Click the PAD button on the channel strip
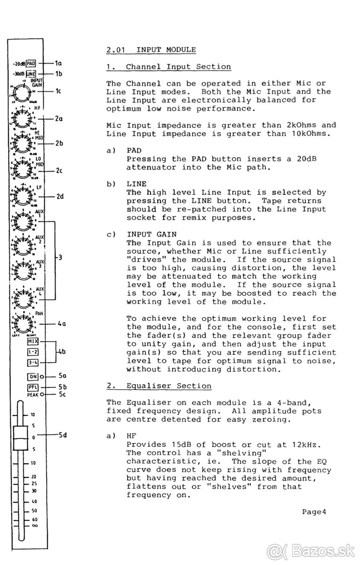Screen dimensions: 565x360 click(x=31, y=63)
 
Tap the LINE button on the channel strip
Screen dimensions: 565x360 click(x=31, y=74)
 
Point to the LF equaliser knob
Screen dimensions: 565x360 click(x=21, y=195)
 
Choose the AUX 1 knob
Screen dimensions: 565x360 click(x=21, y=221)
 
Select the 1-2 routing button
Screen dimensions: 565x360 click(x=33, y=352)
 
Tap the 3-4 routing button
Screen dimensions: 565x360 click(x=33, y=362)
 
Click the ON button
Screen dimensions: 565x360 click(x=33, y=376)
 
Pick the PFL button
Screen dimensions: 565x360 click(x=33, y=387)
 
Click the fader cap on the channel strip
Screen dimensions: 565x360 click(x=20, y=438)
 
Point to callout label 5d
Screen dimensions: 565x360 click(x=63, y=435)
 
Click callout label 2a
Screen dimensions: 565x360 click(x=59, y=119)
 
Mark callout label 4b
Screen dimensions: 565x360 click(x=61, y=352)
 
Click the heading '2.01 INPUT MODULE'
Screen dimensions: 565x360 click(x=151, y=49)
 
